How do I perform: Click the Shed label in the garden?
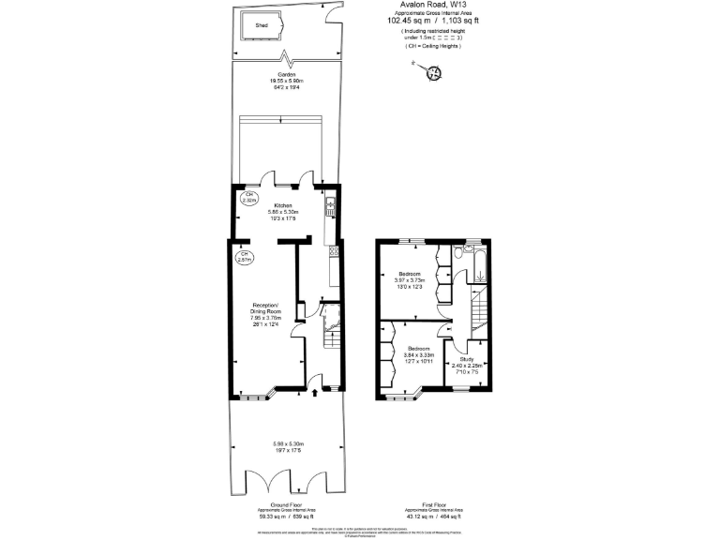[x=262, y=26]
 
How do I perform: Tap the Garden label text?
[x=286, y=74]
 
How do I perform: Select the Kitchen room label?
[x=282, y=205]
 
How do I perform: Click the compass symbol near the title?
[x=434, y=72]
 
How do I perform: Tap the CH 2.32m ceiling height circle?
[x=249, y=198]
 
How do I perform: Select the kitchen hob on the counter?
[x=333, y=251]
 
